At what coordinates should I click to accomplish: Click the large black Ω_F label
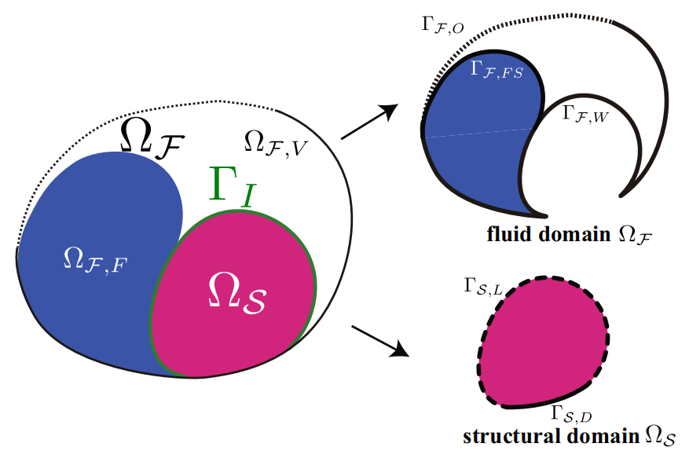152,137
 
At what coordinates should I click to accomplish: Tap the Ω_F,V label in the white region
276,143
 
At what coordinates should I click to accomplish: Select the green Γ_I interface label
233,186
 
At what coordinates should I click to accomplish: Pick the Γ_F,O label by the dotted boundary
442,24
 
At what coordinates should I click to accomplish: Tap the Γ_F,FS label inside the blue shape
497,69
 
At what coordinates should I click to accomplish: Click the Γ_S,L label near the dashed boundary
483,287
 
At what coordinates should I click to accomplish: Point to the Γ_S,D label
572,414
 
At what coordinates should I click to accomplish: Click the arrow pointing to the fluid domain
369,122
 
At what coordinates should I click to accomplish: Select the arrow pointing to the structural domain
380,342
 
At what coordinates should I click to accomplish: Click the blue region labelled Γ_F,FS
479,141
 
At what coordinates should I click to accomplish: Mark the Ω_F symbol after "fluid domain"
636,235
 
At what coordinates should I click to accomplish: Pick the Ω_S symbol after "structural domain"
660,437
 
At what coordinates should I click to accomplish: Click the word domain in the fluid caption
574,233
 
